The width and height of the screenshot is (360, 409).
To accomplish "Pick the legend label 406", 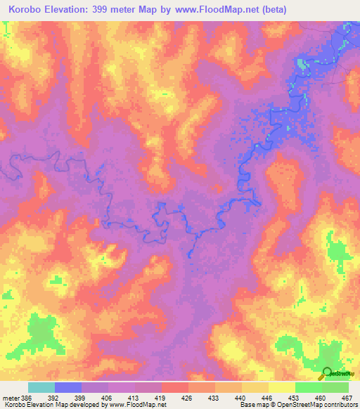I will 108,397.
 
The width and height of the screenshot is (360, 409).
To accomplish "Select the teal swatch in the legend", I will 41,387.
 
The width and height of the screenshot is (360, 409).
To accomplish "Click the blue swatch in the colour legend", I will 68,387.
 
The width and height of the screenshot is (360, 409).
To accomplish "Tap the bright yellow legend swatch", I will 281,387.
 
